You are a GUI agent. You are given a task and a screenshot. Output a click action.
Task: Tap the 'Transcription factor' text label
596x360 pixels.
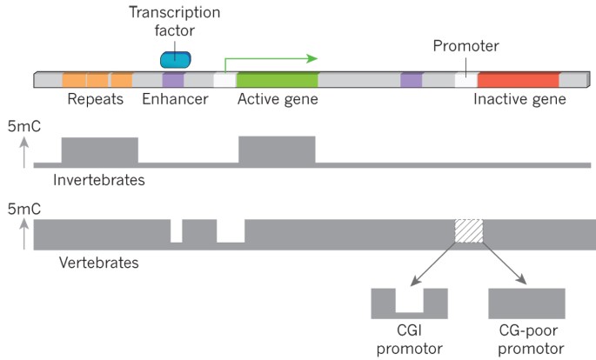point(175,23)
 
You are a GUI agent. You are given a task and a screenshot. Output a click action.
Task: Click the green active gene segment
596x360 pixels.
point(277,80)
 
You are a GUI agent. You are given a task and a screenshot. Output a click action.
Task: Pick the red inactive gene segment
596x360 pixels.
point(518,80)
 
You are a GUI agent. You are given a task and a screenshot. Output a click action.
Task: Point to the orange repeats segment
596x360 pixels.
point(97,80)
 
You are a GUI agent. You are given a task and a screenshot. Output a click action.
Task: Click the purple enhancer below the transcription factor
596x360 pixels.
point(173,80)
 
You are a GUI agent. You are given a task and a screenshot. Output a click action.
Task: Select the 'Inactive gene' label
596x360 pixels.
point(519,100)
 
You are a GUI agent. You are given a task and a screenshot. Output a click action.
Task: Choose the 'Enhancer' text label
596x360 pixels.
point(175,100)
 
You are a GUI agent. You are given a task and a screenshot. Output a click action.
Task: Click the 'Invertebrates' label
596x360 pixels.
point(98,181)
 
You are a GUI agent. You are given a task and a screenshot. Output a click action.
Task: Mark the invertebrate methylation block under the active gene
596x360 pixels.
point(277,150)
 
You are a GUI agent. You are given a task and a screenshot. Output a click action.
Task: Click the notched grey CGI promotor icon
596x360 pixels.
point(409,304)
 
